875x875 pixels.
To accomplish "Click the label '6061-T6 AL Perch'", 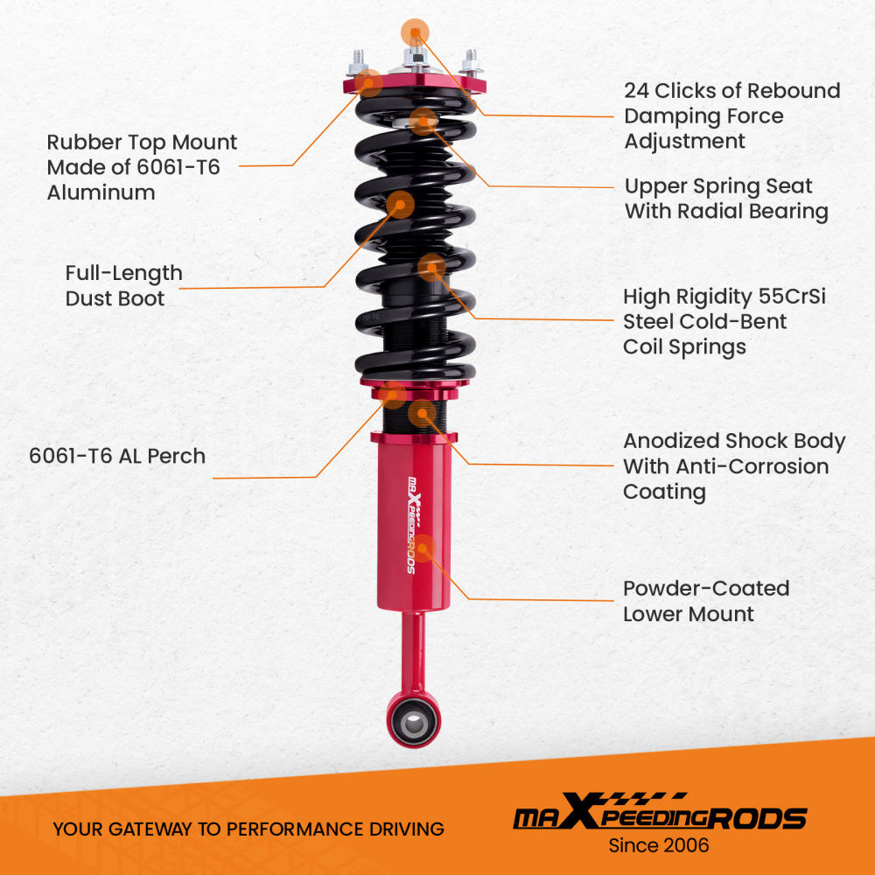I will click(x=117, y=456).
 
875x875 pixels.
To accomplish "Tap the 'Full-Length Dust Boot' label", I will click(x=123, y=285).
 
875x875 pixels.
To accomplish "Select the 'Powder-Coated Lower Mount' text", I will click(x=705, y=601).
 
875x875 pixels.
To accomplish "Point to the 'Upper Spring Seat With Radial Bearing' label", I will click(x=725, y=199).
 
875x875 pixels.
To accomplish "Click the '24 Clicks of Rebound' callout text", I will click(x=731, y=91).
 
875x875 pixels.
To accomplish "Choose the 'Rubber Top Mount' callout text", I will click(x=142, y=143).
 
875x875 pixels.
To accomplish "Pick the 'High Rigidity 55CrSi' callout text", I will click(x=724, y=297).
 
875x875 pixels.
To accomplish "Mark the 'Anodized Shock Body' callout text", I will click(x=733, y=441).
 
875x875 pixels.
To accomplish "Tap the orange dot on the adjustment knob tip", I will click(x=416, y=31).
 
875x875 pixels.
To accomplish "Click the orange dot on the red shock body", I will click(x=423, y=549).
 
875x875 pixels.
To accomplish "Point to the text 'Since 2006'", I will click(x=659, y=846).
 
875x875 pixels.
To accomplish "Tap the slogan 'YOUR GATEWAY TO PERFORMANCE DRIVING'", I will click(x=248, y=829).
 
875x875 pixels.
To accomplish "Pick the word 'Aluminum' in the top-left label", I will click(x=101, y=192).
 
